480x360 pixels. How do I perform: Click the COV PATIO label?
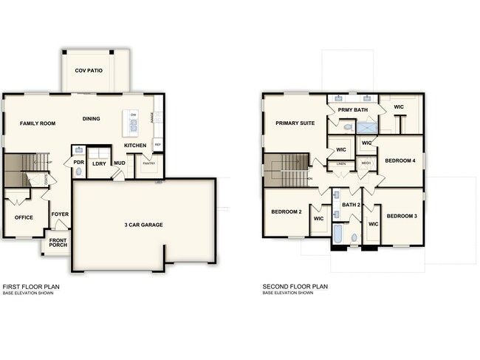(x=89, y=71)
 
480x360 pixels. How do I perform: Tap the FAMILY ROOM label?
(x=38, y=123)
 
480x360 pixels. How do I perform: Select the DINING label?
(x=92, y=118)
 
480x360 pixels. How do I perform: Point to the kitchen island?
(x=133, y=123)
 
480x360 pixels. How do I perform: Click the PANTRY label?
(x=148, y=164)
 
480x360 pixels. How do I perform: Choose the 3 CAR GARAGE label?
(x=143, y=225)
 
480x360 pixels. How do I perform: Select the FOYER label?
(x=60, y=214)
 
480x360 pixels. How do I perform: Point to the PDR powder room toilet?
(x=79, y=171)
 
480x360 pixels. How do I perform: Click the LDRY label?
(x=99, y=163)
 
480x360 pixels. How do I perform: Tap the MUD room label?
(x=119, y=163)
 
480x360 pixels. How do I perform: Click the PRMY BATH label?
(x=353, y=110)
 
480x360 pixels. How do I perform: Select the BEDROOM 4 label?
(x=400, y=160)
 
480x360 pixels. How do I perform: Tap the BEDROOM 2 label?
(x=287, y=212)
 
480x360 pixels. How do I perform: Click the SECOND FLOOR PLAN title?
(x=295, y=286)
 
